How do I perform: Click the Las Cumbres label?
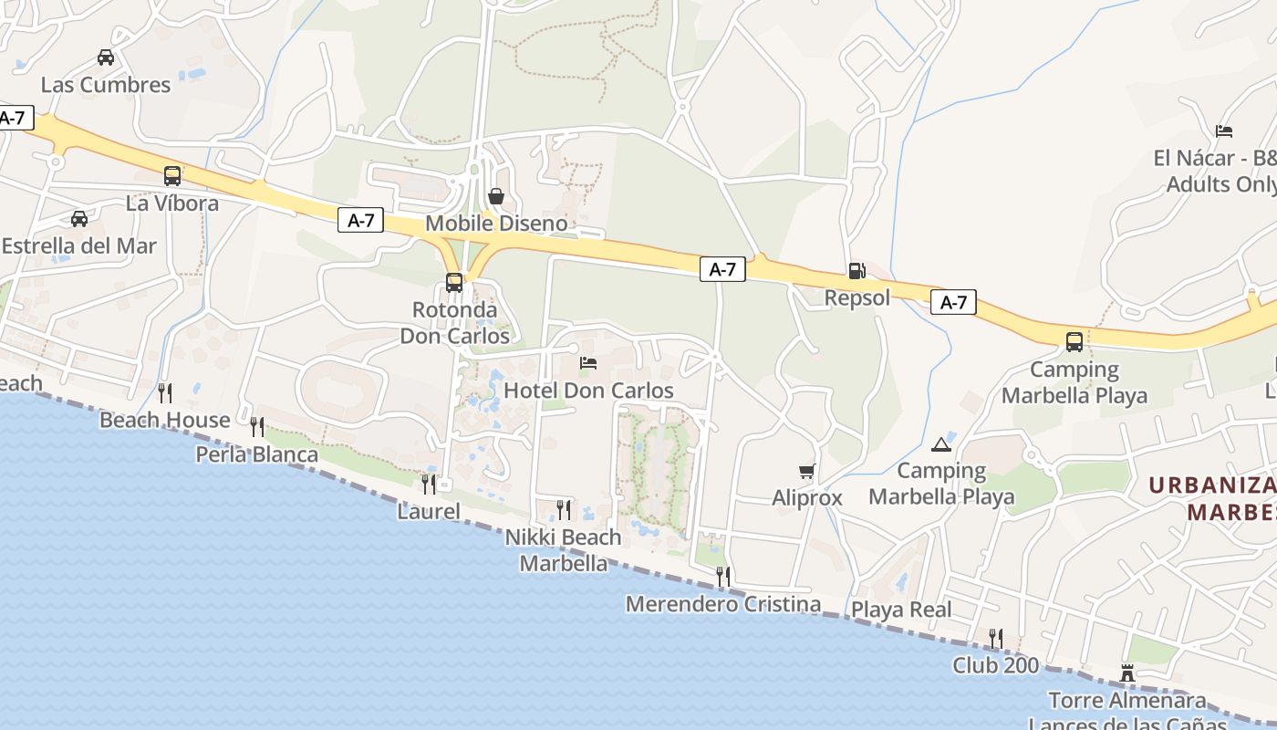[106, 85]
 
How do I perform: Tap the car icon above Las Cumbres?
[106, 57]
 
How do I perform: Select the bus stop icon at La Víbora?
[172, 176]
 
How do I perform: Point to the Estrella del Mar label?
[79, 246]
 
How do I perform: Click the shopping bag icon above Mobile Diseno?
[496, 196]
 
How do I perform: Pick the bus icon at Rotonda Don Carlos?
[454, 283]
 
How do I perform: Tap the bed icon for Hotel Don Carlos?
[588, 363]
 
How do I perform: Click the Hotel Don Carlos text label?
[588, 391]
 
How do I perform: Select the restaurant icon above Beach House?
[165, 393]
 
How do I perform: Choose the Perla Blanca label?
[257, 454]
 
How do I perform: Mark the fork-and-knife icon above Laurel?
[429, 484]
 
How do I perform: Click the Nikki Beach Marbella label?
[564, 550]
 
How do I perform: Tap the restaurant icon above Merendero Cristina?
[723, 577]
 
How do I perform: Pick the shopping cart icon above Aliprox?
[807, 472]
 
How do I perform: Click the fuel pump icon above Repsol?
[857, 270]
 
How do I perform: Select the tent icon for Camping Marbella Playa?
[940, 444]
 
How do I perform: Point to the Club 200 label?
[996, 665]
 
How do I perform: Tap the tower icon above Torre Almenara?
[1127, 673]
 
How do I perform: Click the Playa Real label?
[901, 610]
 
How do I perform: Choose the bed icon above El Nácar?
[1224, 131]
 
